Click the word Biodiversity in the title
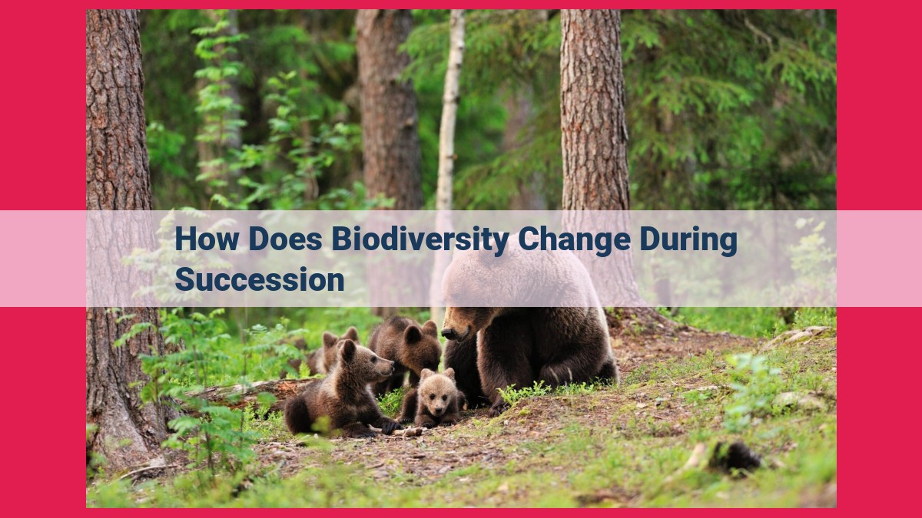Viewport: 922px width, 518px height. [421, 240]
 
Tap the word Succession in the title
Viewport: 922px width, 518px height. [260, 279]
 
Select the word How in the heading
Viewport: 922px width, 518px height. [207, 239]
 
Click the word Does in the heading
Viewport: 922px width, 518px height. [285, 239]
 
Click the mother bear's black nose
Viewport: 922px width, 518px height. [448, 333]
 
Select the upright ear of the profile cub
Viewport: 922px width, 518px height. [347, 350]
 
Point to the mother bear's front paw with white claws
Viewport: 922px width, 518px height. [556, 375]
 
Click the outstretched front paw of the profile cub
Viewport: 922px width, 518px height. [389, 427]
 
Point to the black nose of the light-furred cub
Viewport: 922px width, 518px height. [438, 408]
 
